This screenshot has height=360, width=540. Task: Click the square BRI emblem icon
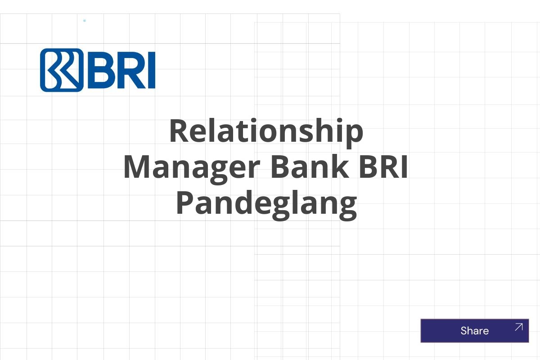62,70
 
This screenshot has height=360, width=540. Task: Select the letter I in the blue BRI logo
151,71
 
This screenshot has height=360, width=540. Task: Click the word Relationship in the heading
266,131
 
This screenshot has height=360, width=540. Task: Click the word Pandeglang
266,203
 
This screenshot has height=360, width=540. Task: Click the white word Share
474,331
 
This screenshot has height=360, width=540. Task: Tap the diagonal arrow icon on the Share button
518,327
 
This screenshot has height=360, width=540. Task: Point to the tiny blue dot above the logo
85,21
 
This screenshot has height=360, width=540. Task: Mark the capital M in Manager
138,167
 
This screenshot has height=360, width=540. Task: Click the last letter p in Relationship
354,134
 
